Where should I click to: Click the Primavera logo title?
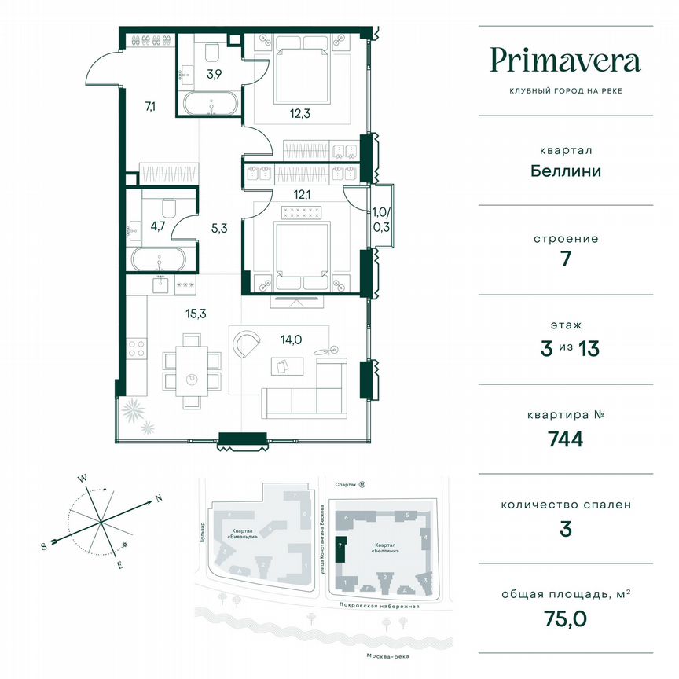pos(565,60)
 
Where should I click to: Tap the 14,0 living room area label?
pos(292,339)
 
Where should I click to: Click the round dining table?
pos(191,380)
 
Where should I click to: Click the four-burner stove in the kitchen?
pos(137,347)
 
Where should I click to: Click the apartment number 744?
pos(565,439)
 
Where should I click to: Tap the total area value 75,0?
pos(565,618)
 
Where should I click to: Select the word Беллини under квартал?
pos(565,171)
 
